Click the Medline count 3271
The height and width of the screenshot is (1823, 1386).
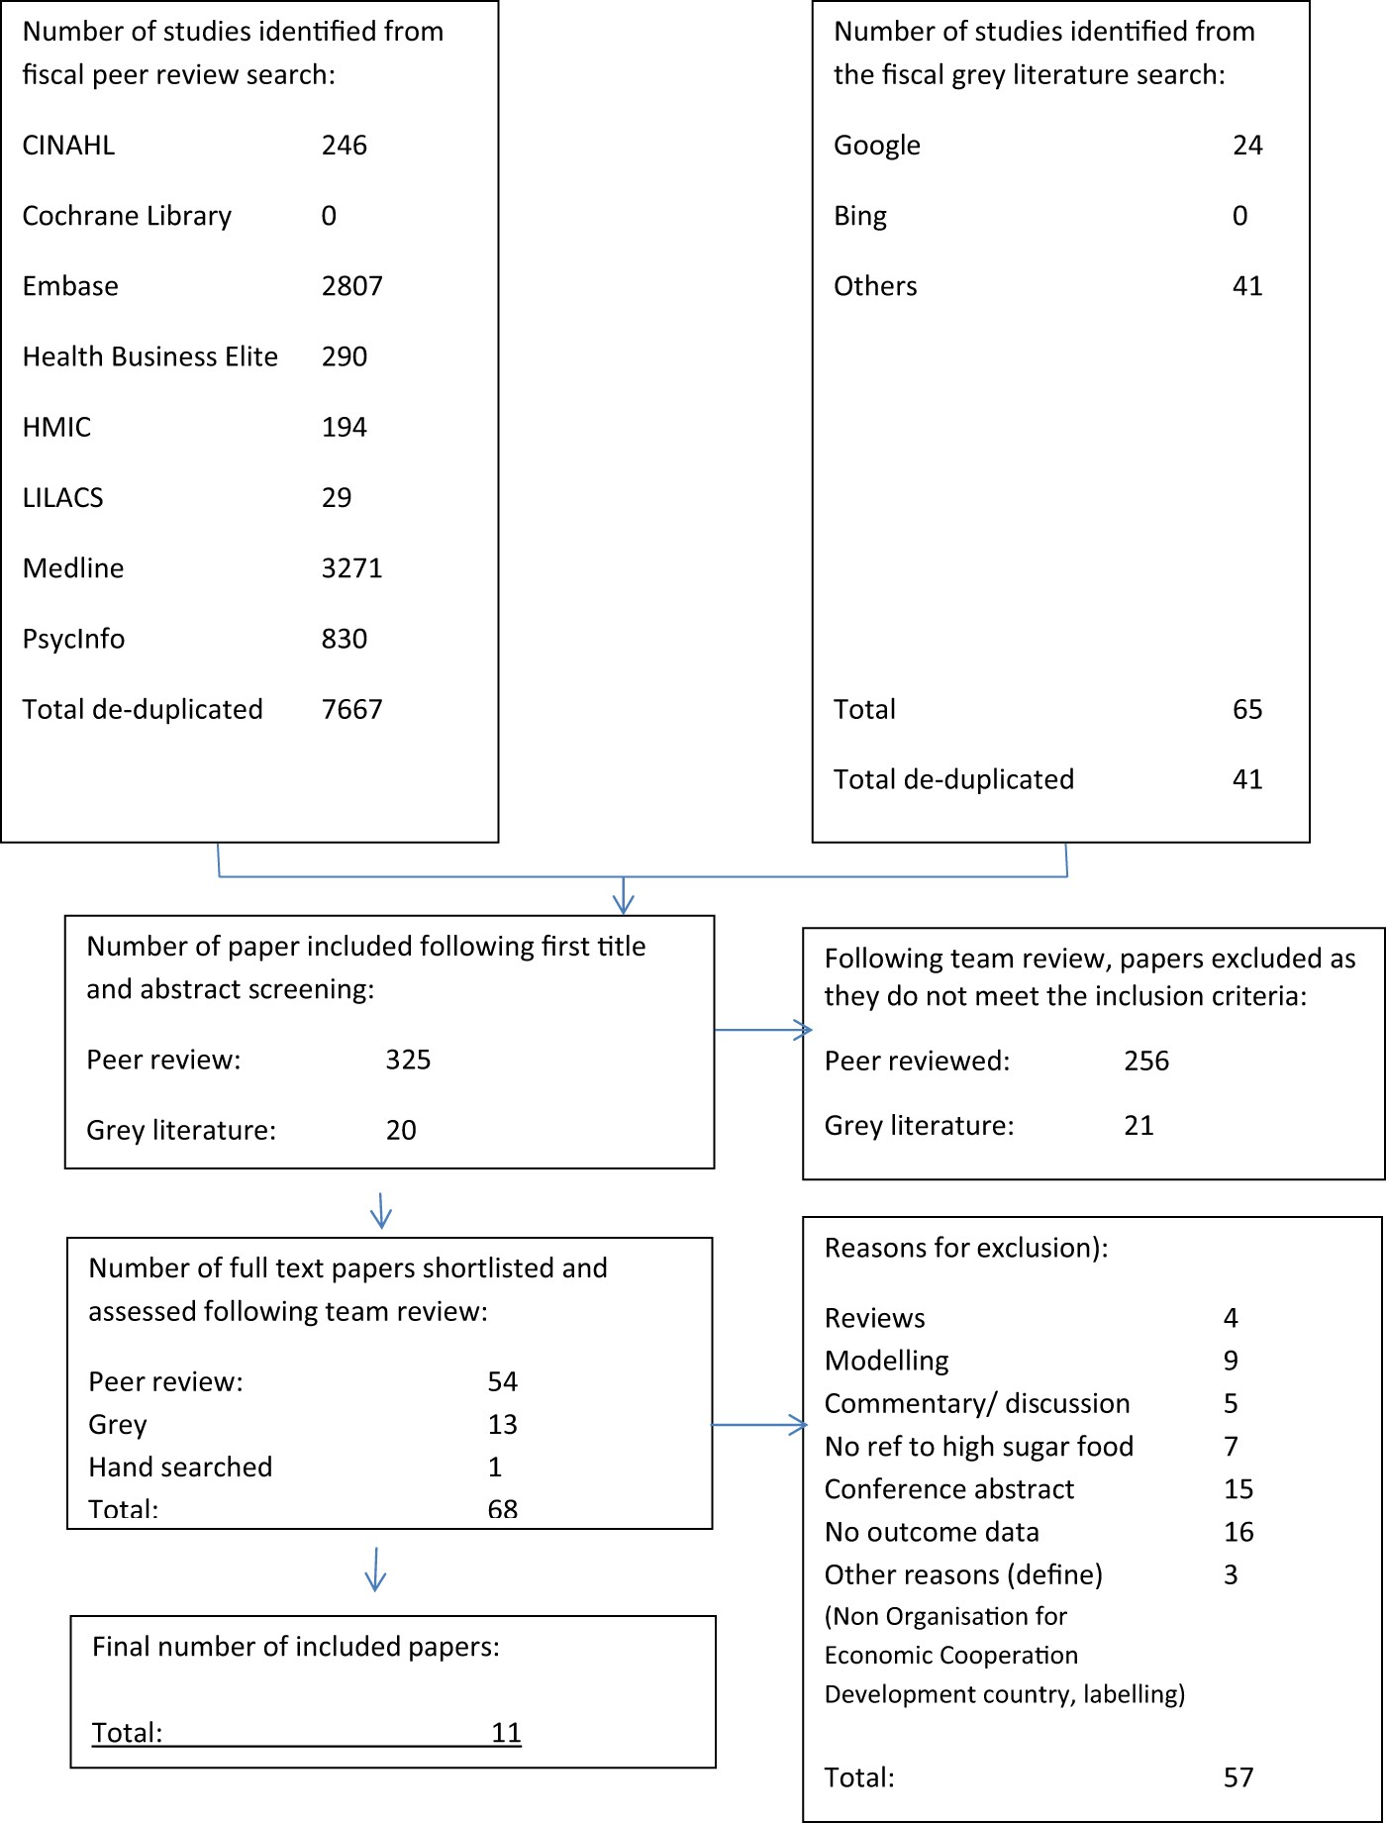click(351, 568)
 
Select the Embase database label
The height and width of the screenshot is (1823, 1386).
click(70, 286)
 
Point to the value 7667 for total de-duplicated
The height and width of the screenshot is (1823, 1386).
click(351, 709)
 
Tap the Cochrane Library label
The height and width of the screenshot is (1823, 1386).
click(127, 216)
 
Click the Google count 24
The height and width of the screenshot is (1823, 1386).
click(1247, 146)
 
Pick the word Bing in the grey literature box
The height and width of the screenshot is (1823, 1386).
click(860, 216)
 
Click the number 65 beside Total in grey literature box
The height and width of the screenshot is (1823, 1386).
click(1247, 709)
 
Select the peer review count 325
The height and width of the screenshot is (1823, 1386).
click(408, 1060)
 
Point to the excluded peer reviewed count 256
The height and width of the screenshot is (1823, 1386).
click(1146, 1061)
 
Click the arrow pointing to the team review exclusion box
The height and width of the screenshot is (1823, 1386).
click(762, 1031)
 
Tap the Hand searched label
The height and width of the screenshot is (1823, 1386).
click(180, 1467)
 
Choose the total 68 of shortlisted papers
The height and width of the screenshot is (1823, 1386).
click(502, 1508)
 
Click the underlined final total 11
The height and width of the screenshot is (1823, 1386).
click(506, 1732)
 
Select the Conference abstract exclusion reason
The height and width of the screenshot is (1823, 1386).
click(949, 1489)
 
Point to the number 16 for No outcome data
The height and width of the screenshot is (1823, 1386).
click(1238, 1532)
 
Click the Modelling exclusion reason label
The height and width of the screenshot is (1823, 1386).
click(887, 1361)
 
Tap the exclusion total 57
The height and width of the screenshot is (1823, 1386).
click(1238, 1777)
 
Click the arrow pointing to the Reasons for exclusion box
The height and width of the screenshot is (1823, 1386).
click(760, 1425)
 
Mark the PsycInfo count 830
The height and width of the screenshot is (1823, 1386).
click(345, 639)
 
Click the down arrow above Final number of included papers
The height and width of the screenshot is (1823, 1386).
click(375, 1570)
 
